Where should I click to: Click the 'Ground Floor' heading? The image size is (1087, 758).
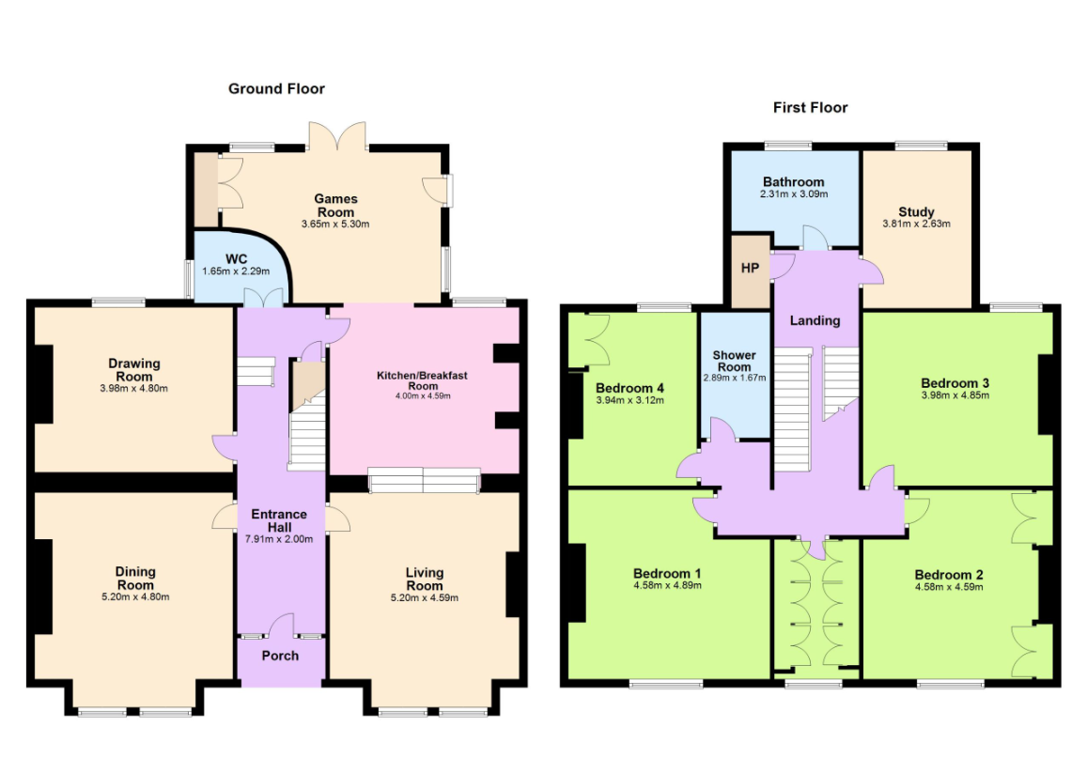tap(276, 88)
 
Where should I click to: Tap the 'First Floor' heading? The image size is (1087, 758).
tap(811, 107)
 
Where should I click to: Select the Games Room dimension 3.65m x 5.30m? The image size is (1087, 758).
tap(335, 224)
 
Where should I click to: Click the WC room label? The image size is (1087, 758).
tap(237, 260)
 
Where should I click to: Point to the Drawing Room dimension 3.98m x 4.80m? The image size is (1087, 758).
tap(133, 389)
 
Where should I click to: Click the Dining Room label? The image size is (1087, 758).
tap(135, 578)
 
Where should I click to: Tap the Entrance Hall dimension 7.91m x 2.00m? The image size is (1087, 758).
tap(279, 539)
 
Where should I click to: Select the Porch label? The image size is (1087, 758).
tap(280, 656)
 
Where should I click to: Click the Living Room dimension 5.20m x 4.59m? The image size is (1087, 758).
tap(425, 598)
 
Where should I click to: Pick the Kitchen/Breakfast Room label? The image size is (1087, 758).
tap(422, 380)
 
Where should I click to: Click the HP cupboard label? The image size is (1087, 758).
tap(750, 268)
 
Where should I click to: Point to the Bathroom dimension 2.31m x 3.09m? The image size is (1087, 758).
tap(794, 194)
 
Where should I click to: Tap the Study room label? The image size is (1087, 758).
tap(916, 212)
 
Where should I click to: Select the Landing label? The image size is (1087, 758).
tap(815, 321)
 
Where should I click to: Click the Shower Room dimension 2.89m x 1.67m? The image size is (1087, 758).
tap(735, 379)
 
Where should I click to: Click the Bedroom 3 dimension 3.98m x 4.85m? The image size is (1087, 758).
tap(955, 395)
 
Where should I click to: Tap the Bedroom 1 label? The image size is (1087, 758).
tap(667, 574)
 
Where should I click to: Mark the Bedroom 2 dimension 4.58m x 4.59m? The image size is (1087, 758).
tap(949, 588)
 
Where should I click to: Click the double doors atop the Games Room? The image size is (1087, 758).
tap(337, 136)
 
